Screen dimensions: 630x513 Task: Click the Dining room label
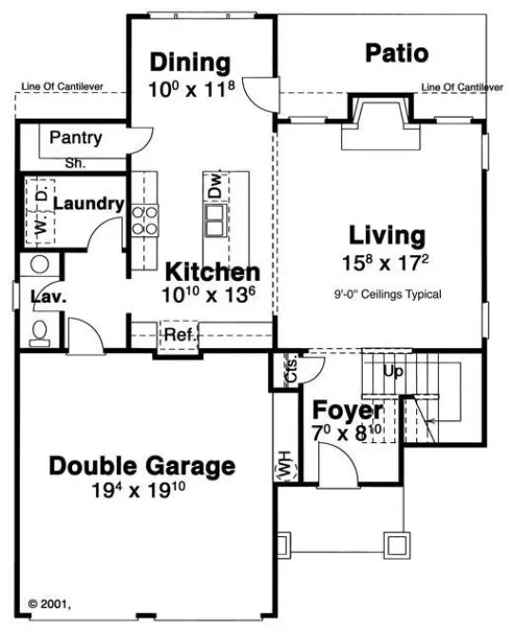tap(191, 64)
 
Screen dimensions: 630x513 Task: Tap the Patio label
tap(397, 53)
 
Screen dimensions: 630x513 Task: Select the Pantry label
tap(76, 139)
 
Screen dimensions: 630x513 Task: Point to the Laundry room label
tap(88, 203)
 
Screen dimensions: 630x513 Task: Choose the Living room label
tap(386, 234)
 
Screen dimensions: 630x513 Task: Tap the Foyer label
tap(349, 411)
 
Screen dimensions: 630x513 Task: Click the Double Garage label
tap(142, 466)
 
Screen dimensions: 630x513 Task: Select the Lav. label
tap(47, 297)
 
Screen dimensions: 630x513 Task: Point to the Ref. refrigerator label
tap(180, 334)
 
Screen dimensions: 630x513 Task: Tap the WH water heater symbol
tap(284, 467)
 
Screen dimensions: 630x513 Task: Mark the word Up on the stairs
tap(393, 370)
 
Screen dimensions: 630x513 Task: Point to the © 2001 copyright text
tap(51, 602)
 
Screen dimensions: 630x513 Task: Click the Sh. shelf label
tap(75, 162)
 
